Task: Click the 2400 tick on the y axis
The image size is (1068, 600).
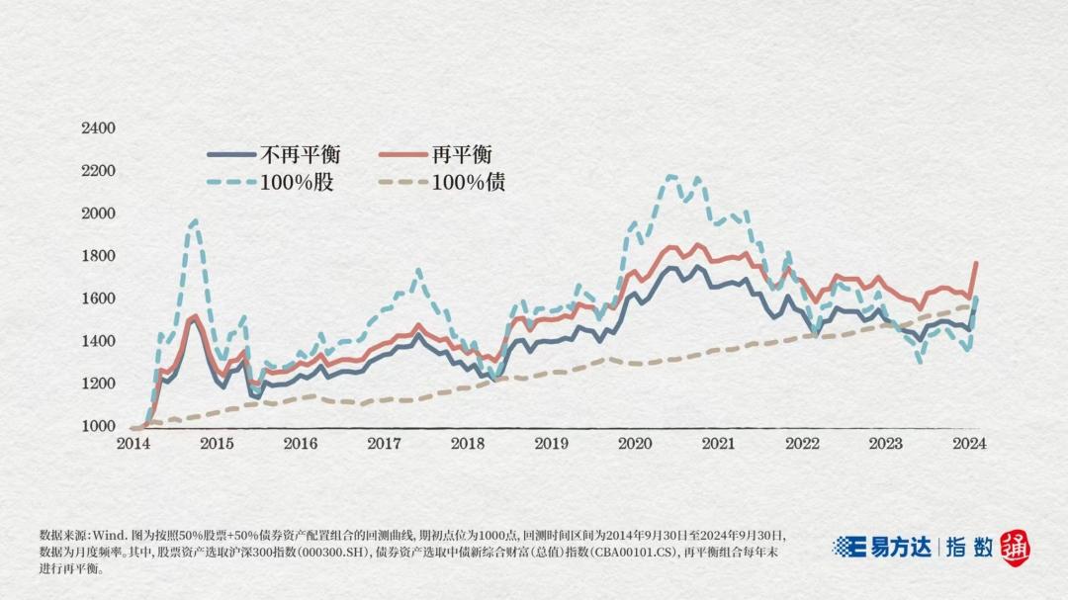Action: coord(98,129)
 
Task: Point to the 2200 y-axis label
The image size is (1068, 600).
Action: coord(98,171)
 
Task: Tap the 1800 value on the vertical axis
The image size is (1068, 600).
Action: coord(98,256)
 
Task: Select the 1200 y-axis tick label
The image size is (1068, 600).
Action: coord(98,384)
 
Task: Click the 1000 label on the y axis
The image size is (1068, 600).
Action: coord(98,426)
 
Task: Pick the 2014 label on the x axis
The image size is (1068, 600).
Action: coord(133,444)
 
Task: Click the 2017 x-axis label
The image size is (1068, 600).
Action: coord(384,444)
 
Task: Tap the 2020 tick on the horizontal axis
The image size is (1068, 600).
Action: coord(635,444)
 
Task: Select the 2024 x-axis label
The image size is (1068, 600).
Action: coord(968,444)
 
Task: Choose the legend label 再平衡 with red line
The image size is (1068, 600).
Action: coord(462,154)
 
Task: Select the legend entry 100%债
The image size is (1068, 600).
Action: coord(468,183)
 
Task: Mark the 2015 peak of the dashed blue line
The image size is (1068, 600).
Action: coord(194,221)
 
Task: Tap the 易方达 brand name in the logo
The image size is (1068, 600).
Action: coord(899,547)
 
